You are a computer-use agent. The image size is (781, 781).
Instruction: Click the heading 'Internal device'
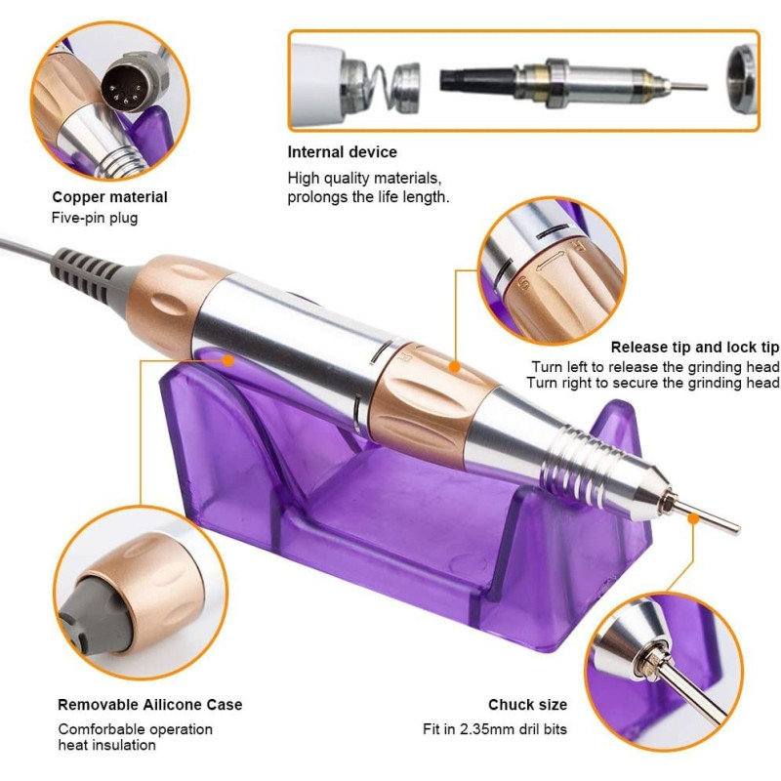click(343, 152)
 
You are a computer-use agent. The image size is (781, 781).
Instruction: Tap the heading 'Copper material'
click(109, 197)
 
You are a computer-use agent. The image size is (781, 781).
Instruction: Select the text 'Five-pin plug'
click(95, 218)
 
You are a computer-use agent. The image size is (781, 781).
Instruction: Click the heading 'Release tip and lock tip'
click(694, 348)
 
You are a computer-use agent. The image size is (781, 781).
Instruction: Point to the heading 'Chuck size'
click(527, 705)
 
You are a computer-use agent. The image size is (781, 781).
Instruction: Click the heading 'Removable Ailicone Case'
click(150, 705)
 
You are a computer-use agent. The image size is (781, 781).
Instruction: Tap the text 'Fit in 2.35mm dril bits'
click(495, 729)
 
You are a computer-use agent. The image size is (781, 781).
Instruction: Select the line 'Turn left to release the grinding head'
click(655, 367)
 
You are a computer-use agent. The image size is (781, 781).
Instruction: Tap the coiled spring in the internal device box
click(376, 87)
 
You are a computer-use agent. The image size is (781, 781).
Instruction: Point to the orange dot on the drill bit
click(693, 518)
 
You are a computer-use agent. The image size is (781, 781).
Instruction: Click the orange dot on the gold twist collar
click(454, 367)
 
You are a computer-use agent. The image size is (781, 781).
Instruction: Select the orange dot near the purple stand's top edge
click(228, 360)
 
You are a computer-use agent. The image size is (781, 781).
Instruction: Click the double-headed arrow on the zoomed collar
click(551, 262)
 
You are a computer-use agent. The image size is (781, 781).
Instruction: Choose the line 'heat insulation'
click(107, 745)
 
